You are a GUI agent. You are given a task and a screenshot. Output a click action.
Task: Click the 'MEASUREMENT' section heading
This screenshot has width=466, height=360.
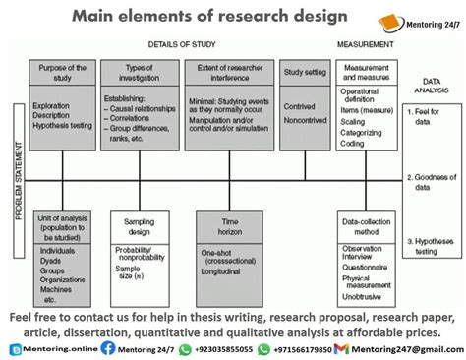tap(366, 45)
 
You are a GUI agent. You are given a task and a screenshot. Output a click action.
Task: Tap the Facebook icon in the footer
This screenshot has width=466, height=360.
tap(108, 347)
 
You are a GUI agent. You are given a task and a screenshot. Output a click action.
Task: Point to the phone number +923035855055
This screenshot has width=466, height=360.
tap(221, 347)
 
